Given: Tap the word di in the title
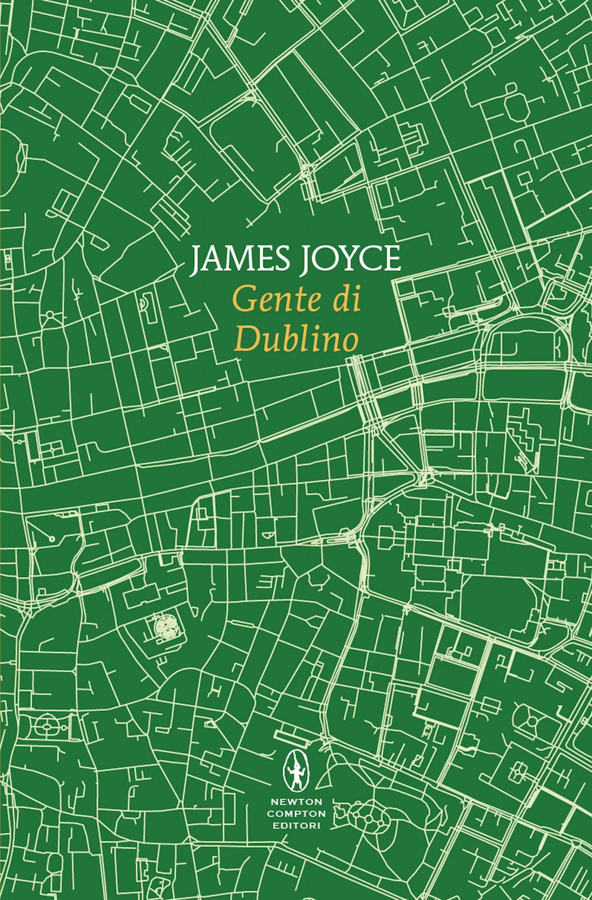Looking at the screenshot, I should click(348, 300).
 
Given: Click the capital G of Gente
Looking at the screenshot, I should click(245, 301).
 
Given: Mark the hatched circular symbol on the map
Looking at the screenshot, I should click(165, 626).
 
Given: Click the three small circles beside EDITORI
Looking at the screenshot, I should click(369, 819).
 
